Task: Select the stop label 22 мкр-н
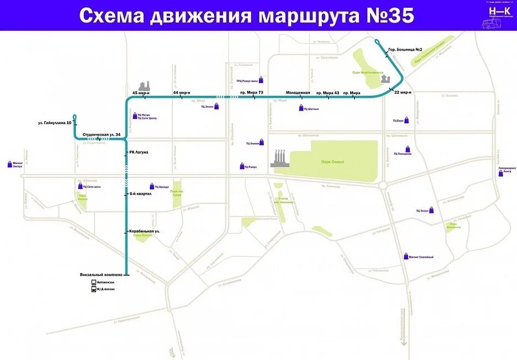(403, 92)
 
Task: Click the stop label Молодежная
(298, 92)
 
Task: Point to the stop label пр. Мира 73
(251, 92)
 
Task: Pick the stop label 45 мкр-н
(141, 92)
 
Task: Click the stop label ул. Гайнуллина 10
(55, 123)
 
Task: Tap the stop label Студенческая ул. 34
(101, 134)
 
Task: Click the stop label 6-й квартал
(140, 194)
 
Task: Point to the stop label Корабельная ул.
(144, 231)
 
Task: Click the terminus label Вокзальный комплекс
(101, 274)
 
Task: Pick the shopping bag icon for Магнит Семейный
(406, 257)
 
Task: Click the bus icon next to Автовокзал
(93, 282)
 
